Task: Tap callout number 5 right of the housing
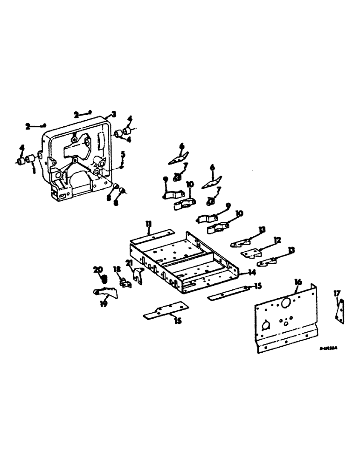pyautogui.click(x=123, y=154)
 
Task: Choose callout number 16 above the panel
pyautogui.click(x=298, y=281)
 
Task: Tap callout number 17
pyautogui.click(x=337, y=294)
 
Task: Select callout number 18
pyautogui.click(x=117, y=269)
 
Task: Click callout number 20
pyautogui.click(x=98, y=269)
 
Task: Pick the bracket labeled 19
pyautogui.click(x=105, y=292)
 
